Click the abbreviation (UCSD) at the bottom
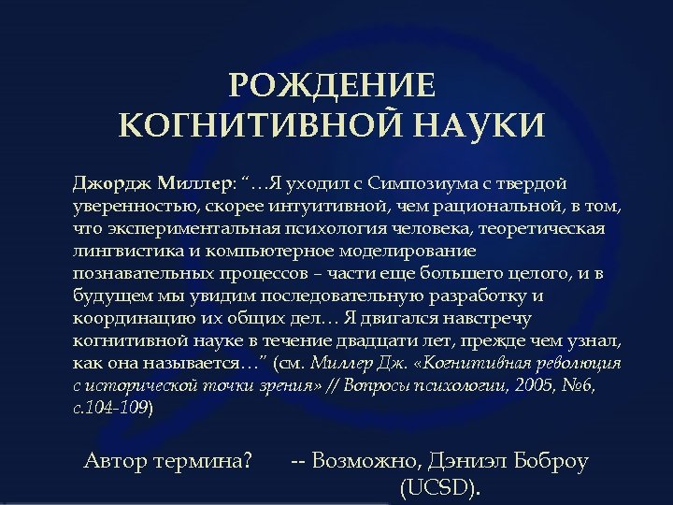tap(440, 488)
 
